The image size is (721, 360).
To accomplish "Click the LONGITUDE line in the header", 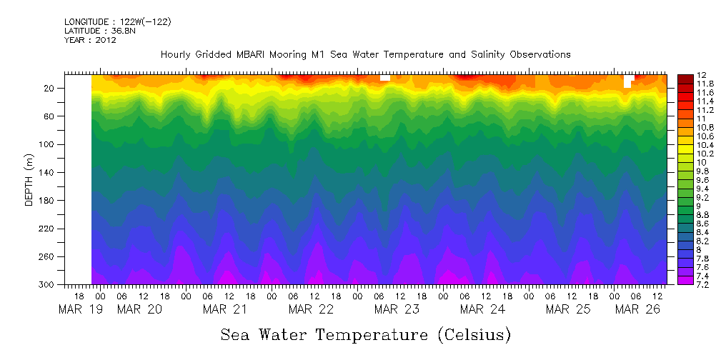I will point(117,22).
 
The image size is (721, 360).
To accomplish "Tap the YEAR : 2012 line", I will point(90,40).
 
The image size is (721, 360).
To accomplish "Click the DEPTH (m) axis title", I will point(29,179).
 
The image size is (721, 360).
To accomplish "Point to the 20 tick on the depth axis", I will point(51,89).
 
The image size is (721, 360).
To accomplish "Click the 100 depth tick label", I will point(49,144).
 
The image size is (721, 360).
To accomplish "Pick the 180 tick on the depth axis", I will point(49,201).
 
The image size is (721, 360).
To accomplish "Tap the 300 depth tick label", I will point(49,285).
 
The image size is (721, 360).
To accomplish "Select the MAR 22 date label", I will point(310,309).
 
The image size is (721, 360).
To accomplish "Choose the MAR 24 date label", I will point(482,309).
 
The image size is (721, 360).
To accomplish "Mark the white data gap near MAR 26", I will point(628,81).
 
